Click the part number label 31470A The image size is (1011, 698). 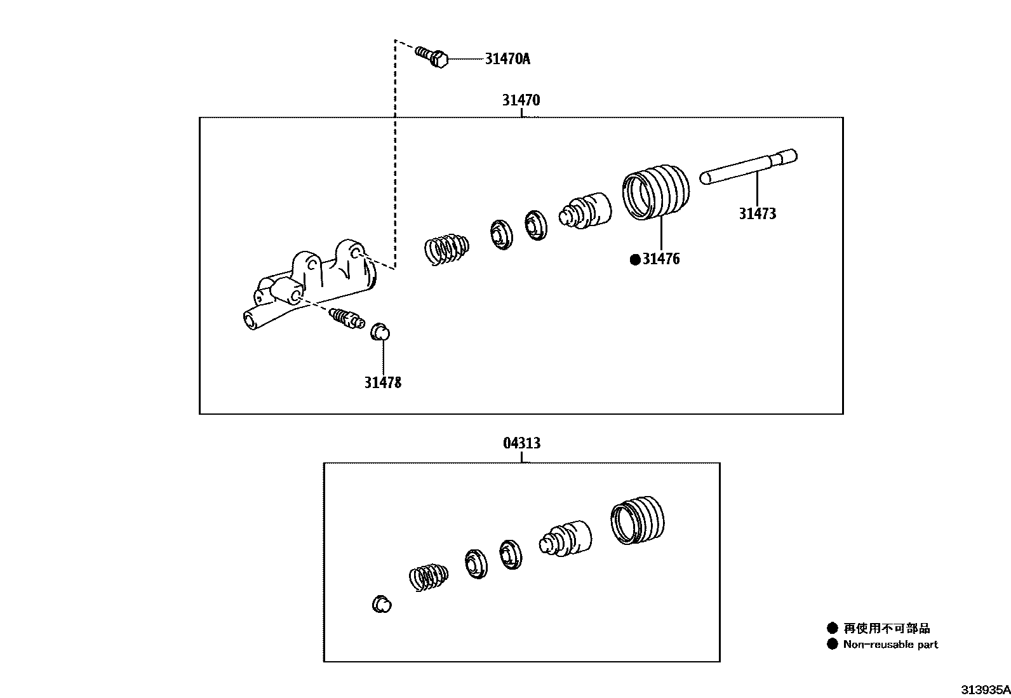507,59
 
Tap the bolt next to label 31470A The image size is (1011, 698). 432,57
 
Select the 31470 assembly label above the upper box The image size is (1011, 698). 521,100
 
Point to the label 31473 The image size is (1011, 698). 757,214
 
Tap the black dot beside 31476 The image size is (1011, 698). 634,259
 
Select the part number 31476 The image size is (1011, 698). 660,259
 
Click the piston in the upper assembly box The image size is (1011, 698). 585,211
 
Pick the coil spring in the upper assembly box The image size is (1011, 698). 446,247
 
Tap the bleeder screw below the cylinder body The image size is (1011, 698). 346,317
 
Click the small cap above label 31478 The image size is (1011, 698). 380,332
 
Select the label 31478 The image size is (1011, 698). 382,382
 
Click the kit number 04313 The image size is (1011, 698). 521,443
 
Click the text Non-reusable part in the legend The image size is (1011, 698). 890,645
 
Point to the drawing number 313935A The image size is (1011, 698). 984,689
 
